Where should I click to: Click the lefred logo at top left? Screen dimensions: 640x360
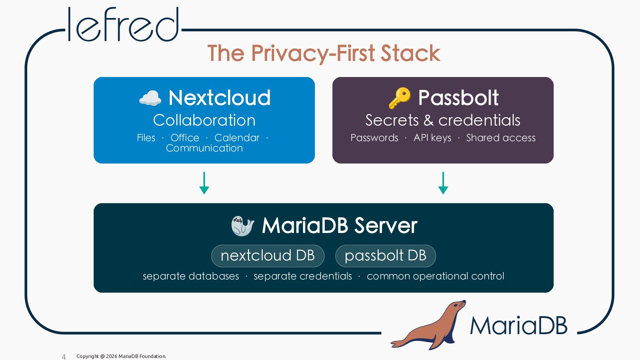click(x=123, y=24)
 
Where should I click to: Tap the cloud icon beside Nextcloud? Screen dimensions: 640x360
click(x=150, y=98)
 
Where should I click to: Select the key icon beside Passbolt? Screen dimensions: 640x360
click(x=399, y=98)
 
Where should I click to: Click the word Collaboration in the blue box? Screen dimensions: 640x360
click(x=204, y=120)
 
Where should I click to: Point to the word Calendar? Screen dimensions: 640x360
click(x=237, y=138)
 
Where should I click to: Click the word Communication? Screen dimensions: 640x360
click(x=204, y=148)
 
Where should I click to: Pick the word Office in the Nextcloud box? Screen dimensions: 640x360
click(x=185, y=138)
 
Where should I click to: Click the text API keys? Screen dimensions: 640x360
click(x=432, y=138)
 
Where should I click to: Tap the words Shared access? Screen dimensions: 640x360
click(x=501, y=138)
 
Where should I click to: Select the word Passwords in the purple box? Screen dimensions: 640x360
click(x=374, y=138)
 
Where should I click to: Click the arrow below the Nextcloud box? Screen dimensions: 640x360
click(x=204, y=183)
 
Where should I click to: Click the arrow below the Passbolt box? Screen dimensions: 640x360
click(x=443, y=183)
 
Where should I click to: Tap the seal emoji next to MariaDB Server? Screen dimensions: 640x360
click(x=243, y=226)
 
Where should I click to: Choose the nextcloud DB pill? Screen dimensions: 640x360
click(x=268, y=256)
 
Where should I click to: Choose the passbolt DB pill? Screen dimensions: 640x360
click(x=386, y=256)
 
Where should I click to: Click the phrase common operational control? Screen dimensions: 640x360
click(x=435, y=276)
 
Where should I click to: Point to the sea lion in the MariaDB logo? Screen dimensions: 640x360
click(x=428, y=325)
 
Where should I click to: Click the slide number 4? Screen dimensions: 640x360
click(x=64, y=357)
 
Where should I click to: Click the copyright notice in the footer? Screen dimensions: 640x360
click(x=121, y=356)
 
